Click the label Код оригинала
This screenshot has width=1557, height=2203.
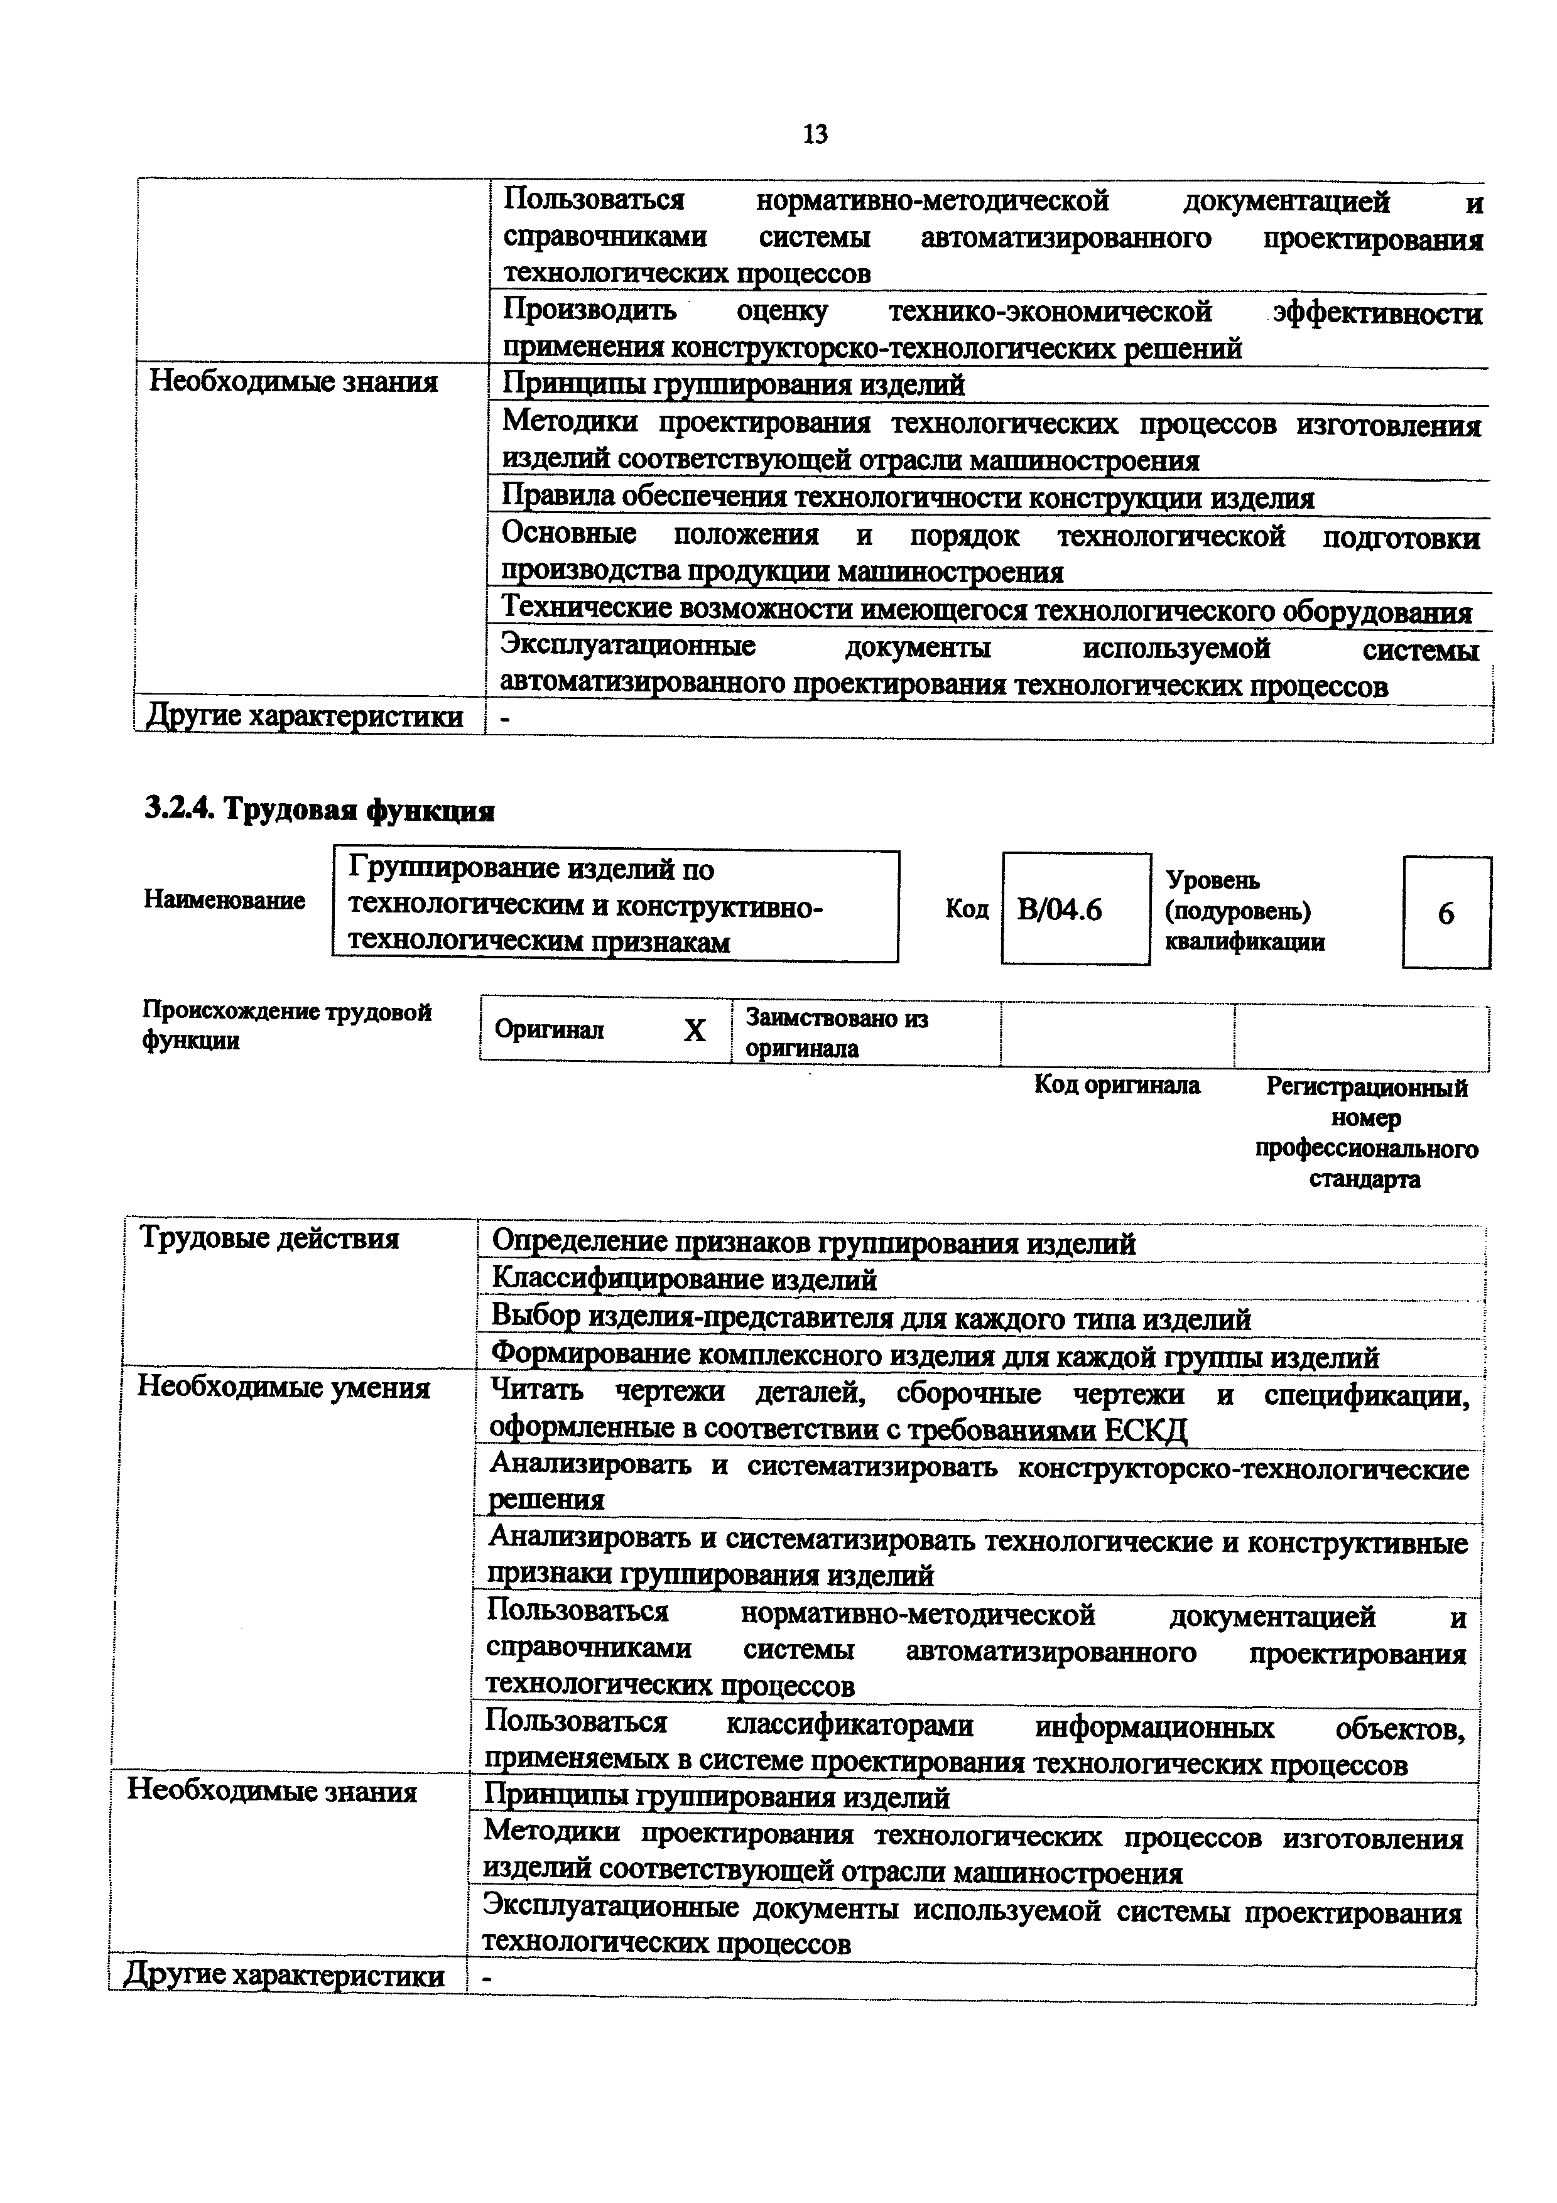click(x=1117, y=1085)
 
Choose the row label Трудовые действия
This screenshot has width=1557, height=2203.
click(x=269, y=1238)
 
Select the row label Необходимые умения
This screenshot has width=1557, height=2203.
click(x=283, y=1387)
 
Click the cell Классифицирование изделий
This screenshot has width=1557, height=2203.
click(x=684, y=1279)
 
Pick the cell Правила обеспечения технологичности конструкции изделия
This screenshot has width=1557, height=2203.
click(x=908, y=498)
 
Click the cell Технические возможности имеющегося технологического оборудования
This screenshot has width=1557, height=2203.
click(x=986, y=610)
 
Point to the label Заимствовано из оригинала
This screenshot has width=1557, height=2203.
click(x=837, y=1032)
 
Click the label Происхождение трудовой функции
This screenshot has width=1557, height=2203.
click(x=287, y=1026)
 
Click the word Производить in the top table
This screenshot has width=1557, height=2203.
click(x=590, y=310)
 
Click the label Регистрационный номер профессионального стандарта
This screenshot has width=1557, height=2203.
click(x=1366, y=1132)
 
